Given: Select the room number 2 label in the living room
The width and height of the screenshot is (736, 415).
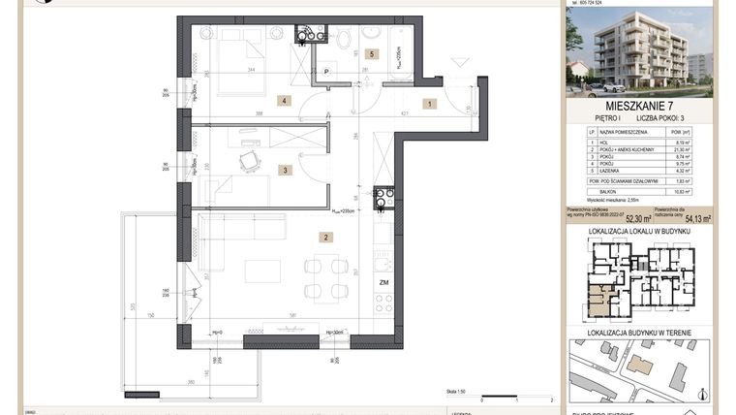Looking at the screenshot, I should [x=327, y=237].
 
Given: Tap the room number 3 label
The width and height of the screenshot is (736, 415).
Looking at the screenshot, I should [x=284, y=171].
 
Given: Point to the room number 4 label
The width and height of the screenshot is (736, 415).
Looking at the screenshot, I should [x=284, y=100].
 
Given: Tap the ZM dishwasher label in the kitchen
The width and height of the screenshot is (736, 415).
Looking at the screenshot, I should [x=384, y=283].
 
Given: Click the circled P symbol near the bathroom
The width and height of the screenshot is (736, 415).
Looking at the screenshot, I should [x=328, y=71].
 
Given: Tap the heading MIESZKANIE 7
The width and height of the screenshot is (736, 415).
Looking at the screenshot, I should [x=640, y=106].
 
